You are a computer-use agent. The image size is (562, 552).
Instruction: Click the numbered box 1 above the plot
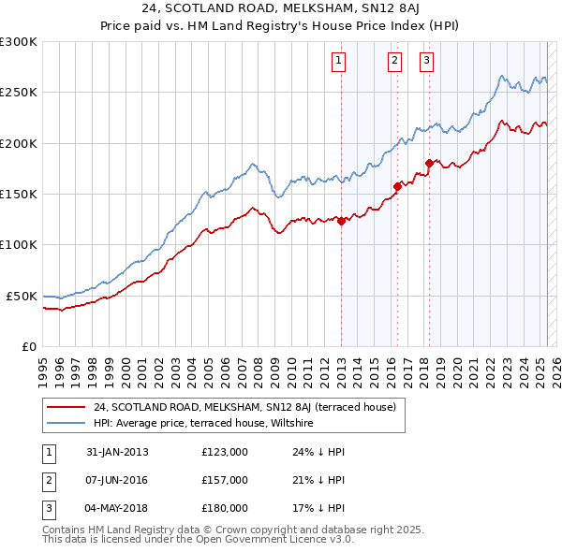(x=337, y=62)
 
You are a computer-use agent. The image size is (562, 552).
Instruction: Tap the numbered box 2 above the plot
(x=394, y=62)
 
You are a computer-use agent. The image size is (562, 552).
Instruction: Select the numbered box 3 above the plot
(x=426, y=62)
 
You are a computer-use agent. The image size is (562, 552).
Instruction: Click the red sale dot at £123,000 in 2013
(x=342, y=221)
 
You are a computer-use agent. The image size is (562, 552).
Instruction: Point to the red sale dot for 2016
(x=397, y=186)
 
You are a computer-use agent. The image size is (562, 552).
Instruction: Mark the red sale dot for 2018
(x=429, y=163)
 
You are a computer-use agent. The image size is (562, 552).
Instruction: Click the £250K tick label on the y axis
(x=19, y=93)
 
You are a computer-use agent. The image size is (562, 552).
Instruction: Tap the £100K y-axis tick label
(x=19, y=244)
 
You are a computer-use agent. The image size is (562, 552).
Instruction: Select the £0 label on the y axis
(x=29, y=346)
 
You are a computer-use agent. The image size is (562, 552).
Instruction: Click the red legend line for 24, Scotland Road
(x=66, y=408)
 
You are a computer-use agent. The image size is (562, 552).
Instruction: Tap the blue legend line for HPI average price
(x=66, y=424)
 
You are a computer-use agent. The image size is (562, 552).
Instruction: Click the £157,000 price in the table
(x=225, y=480)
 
